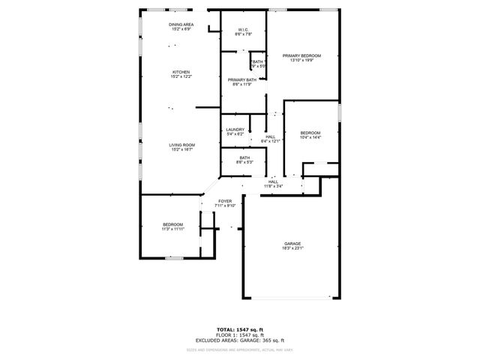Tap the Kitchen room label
point(181,72)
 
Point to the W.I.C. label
point(244,31)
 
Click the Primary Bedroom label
point(301,56)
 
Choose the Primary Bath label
point(240,79)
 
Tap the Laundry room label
point(235,130)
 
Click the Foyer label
point(225,201)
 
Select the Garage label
point(292,244)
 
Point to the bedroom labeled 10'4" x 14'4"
point(310,133)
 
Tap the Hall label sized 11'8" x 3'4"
point(274,181)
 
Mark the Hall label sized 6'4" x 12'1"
point(270,136)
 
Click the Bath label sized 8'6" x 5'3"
point(244,157)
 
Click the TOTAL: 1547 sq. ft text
point(240,329)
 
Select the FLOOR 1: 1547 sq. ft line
point(240,335)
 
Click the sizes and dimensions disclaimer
point(240,349)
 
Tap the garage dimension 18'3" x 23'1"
point(292,248)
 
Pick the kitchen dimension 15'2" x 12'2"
point(181,76)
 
